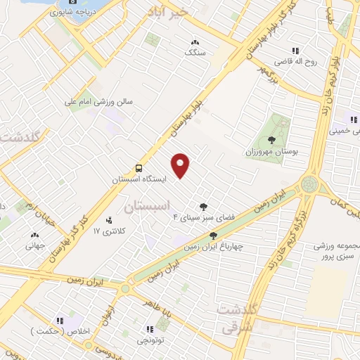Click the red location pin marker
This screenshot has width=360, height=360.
click(181, 165)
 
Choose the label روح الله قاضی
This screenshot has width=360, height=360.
click(295, 61)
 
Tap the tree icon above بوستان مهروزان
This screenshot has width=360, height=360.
click(271, 140)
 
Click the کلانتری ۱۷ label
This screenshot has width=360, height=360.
click(108, 231)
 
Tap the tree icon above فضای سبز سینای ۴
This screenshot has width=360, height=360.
click(203, 207)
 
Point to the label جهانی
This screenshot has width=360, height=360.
click(35, 246)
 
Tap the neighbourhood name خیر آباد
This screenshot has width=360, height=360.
click(167, 11)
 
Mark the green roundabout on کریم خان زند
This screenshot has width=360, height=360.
click(309, 185)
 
